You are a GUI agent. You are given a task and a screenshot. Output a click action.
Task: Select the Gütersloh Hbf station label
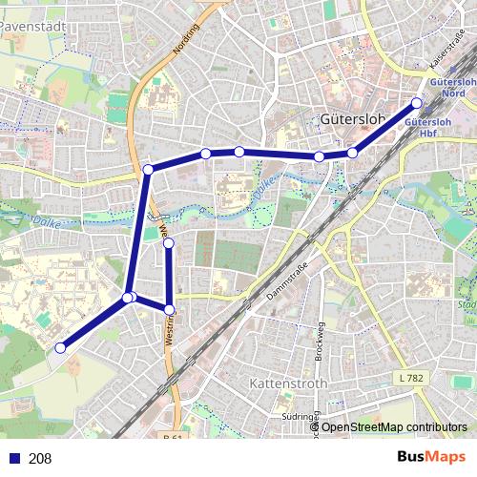[x=427, y=128]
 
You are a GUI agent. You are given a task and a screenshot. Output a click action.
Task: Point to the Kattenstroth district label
[x=287, y=384]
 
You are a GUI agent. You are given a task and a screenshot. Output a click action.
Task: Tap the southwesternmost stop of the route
[x=60, y=348]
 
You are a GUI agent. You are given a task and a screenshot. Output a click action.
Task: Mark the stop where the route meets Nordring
[x=148, y=170]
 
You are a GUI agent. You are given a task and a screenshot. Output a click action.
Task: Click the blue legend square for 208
[x=11, y=459]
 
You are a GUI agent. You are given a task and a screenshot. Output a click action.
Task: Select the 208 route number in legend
[x=40, y=459]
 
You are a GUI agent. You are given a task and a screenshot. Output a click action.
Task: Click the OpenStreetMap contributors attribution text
[x=393, y=426]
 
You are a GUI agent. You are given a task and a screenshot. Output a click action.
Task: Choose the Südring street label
[x=299, y=417]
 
